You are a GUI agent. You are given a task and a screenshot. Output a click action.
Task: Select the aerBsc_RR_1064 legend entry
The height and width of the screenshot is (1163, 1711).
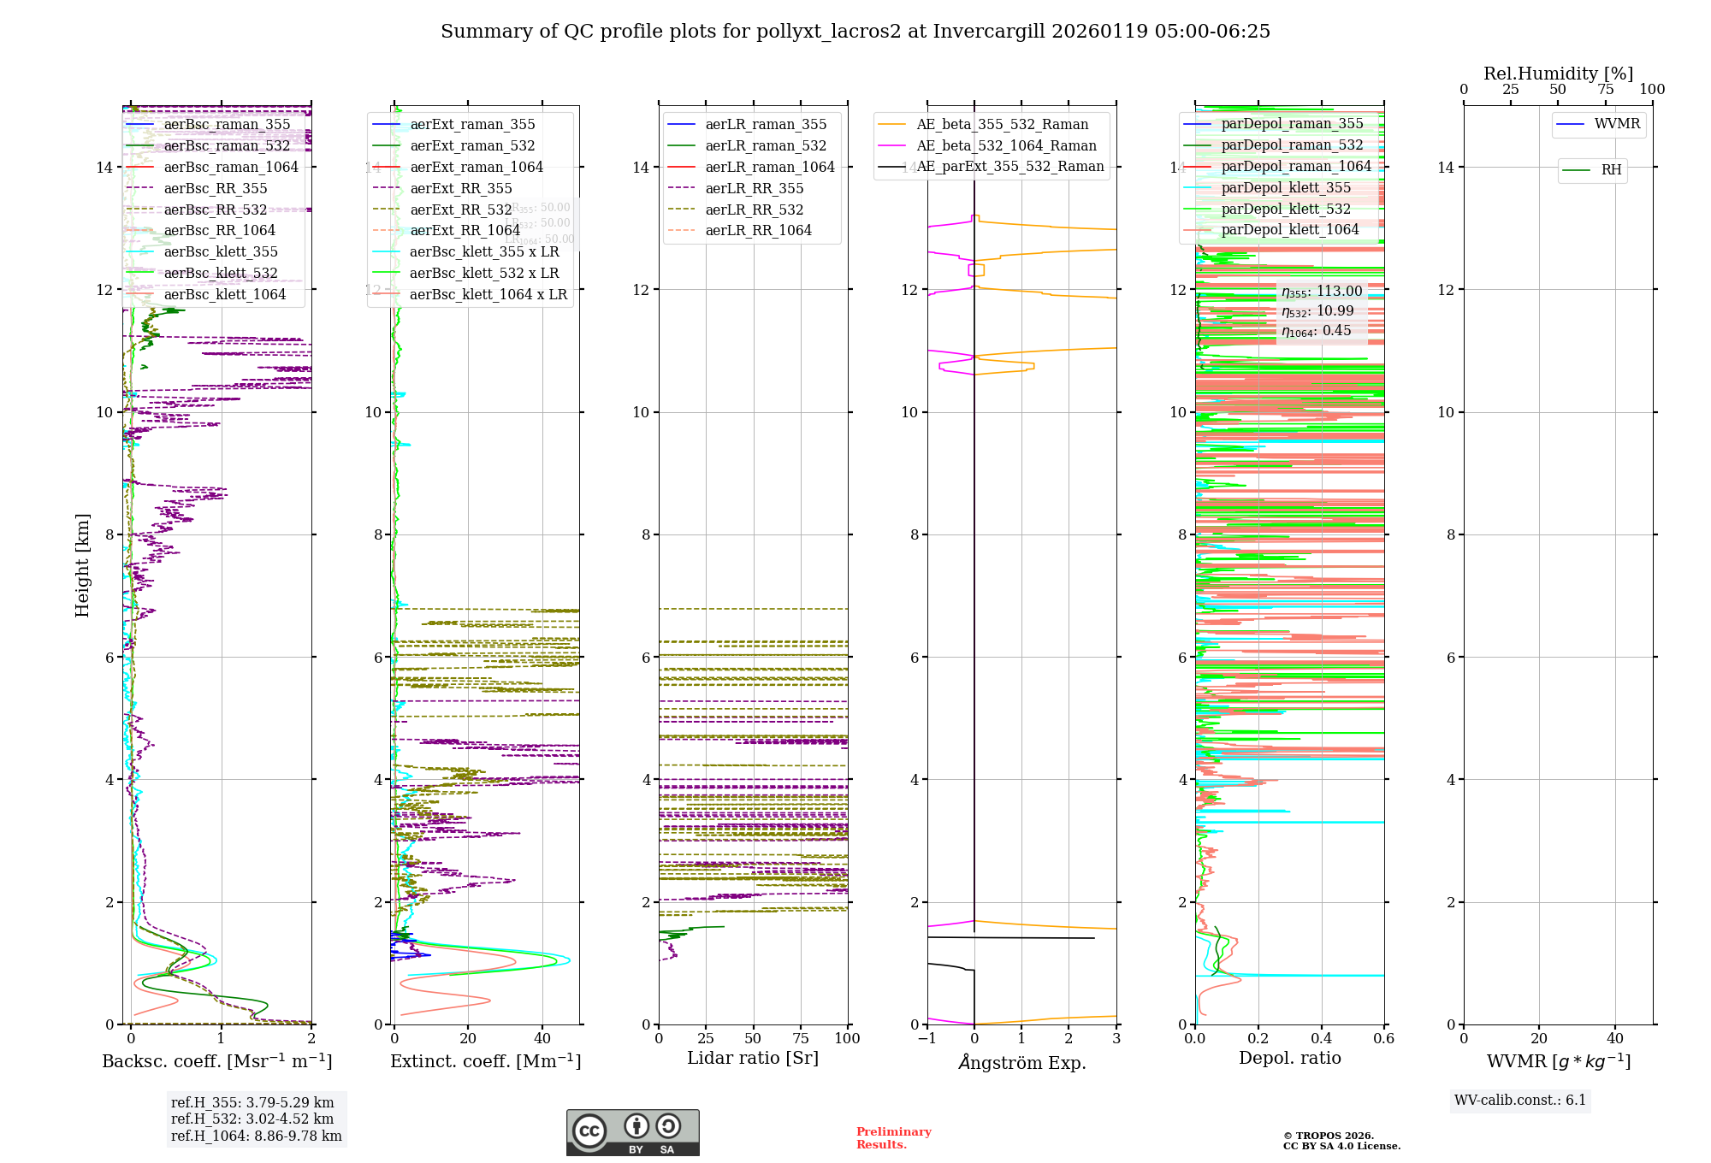tap(219, 231)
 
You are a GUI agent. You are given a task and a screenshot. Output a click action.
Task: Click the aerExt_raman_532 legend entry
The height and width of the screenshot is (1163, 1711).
tap(472, 146)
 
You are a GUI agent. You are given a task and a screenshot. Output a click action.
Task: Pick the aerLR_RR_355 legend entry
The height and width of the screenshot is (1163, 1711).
tap(754, 189)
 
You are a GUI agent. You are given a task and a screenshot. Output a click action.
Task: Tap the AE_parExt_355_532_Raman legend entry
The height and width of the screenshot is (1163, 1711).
tap(1009, 167)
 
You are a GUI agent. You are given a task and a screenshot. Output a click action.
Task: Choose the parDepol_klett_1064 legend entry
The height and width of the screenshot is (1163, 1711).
tap(1289, 230)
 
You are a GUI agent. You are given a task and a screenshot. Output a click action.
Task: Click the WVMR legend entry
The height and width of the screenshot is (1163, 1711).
tap(1617, 124)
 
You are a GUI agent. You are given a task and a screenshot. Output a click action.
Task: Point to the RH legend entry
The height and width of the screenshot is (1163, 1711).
tap(1611, 170)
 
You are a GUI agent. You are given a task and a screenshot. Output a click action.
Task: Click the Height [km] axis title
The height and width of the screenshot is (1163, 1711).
tap(82, 564)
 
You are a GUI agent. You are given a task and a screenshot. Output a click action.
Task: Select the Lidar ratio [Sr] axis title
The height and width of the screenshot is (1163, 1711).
tap(753, 1059)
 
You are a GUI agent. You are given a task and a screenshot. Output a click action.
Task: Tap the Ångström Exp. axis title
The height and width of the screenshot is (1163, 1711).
tap(1021, 1063)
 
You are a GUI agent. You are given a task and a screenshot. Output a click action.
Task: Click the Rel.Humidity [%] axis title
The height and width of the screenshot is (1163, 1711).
tap(1558, 74)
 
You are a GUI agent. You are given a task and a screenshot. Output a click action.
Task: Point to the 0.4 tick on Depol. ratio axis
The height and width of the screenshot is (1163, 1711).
tap(1321, 1039)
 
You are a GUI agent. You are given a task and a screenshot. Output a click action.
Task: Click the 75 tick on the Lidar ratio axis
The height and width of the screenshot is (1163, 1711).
tap(801, 1039)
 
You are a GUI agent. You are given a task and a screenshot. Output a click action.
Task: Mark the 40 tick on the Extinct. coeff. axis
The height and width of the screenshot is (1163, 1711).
tap(542, 1039)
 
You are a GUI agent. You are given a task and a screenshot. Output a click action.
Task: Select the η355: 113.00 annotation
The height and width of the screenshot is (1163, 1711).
tap(1321, 292)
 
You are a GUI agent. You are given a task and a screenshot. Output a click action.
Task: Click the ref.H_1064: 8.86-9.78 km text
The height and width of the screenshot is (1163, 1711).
tap(256, 1136)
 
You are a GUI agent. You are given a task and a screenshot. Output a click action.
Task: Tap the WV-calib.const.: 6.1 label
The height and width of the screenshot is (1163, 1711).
tap(1520, 1101)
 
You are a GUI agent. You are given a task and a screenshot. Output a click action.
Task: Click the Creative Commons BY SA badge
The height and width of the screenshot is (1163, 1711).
tap(632, 1133)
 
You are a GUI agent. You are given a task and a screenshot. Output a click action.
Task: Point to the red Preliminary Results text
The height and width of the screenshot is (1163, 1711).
tap(893, 1138)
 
